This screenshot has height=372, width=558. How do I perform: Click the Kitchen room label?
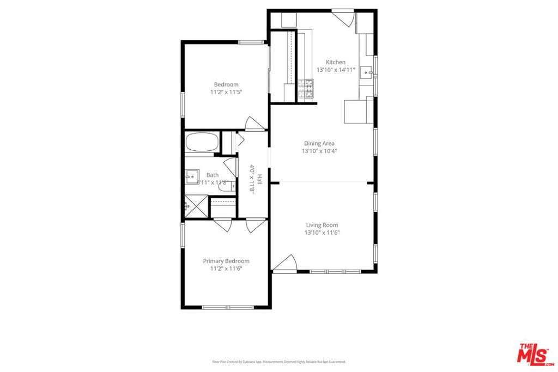(336, 62)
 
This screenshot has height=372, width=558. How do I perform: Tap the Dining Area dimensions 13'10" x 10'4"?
(320, 151)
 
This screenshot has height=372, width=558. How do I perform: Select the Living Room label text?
(322, 225)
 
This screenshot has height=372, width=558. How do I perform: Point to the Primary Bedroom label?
(226, 261)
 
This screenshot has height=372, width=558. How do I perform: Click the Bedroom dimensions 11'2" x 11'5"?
(226, 93)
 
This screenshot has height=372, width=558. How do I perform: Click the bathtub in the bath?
(202, 143)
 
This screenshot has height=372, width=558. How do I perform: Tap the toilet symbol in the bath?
(225, 186)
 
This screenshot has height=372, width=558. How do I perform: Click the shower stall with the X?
(195, 206)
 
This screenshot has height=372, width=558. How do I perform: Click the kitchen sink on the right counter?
(367, 71)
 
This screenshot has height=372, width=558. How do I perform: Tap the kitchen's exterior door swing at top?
(343, 17)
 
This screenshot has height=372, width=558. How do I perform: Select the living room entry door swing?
(285, 264)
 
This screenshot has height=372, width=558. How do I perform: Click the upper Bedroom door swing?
(254, 124)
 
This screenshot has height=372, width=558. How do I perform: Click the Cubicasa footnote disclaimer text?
(278, 362)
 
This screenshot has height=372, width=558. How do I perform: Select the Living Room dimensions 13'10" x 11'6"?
(322, 233)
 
